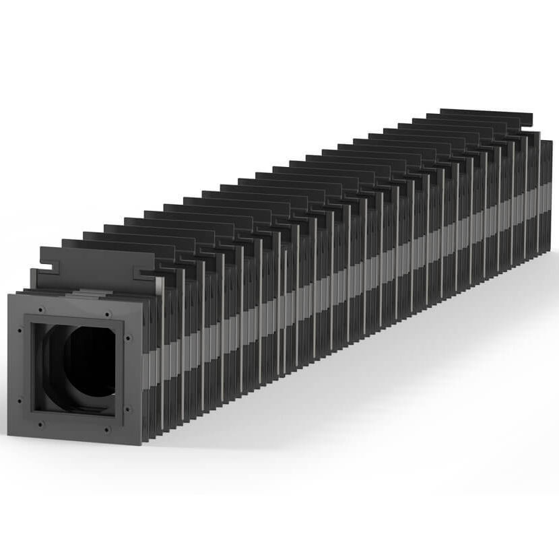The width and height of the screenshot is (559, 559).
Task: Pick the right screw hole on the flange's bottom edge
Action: pyautogui.click(x=106, y=429)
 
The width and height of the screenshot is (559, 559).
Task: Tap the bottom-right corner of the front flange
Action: pyautogui.click(x=141, y=444)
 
